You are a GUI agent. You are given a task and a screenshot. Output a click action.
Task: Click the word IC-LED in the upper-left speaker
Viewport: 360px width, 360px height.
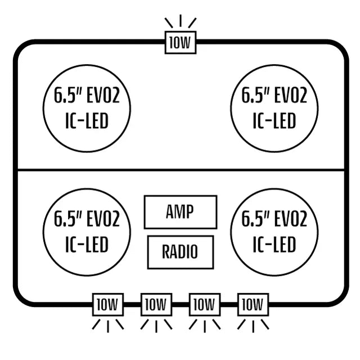87,121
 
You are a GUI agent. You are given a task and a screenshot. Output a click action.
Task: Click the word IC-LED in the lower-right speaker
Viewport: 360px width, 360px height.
274,244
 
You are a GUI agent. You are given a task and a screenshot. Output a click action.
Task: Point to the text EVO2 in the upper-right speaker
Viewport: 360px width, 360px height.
291,95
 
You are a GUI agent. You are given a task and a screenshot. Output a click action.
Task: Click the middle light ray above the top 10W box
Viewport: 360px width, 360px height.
181,20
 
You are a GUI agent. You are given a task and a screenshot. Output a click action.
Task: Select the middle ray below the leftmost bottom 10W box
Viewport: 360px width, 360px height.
108,326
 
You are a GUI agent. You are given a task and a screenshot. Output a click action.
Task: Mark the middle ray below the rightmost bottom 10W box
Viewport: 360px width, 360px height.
253,326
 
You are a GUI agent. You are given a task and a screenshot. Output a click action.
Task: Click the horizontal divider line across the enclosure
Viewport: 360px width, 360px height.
181,170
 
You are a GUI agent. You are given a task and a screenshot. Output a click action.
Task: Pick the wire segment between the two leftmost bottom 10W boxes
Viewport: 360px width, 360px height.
132,305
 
